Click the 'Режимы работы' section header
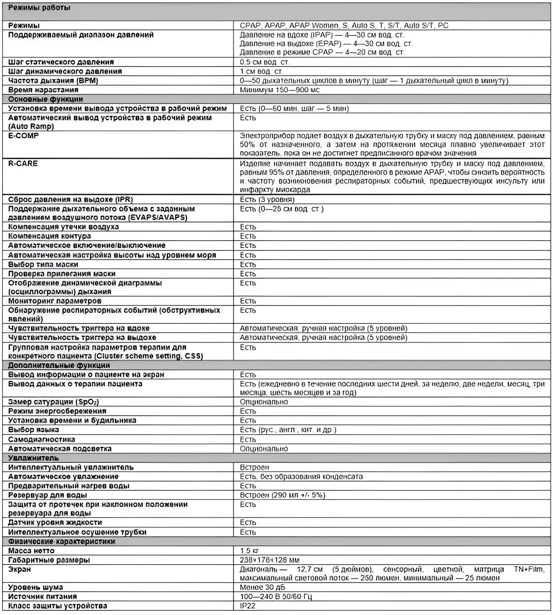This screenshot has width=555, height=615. click(x=39, y=8)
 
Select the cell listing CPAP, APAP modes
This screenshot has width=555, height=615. click(x=344, y=26)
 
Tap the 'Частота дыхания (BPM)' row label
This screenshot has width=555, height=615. click(x=53, y=81)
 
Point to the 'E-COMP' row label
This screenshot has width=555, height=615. click(x=24, y=136)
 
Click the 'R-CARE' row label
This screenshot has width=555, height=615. click(x=23, y=163)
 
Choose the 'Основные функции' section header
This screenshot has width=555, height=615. click(x=46, y=99)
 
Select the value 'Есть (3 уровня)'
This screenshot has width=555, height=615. click(x=267, y=200)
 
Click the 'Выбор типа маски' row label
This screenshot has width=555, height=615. click(x=43, y=264)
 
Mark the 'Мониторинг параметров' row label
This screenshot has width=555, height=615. click(x=55, y=301)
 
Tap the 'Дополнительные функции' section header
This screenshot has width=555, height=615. click(x=59, y=365)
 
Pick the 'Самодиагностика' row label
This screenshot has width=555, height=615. click(x=42, y=440)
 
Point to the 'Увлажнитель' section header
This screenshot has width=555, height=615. click(x=33, y=458)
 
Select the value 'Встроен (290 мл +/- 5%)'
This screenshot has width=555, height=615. click(x=282, y=495)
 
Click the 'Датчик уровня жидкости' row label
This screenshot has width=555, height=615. click(x=55, y=523)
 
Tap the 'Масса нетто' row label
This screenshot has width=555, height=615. click(x=31, y=551)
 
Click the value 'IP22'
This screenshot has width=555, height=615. click(x=248, y=606)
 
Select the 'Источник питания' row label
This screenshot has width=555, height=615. click(x=43, y=596)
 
